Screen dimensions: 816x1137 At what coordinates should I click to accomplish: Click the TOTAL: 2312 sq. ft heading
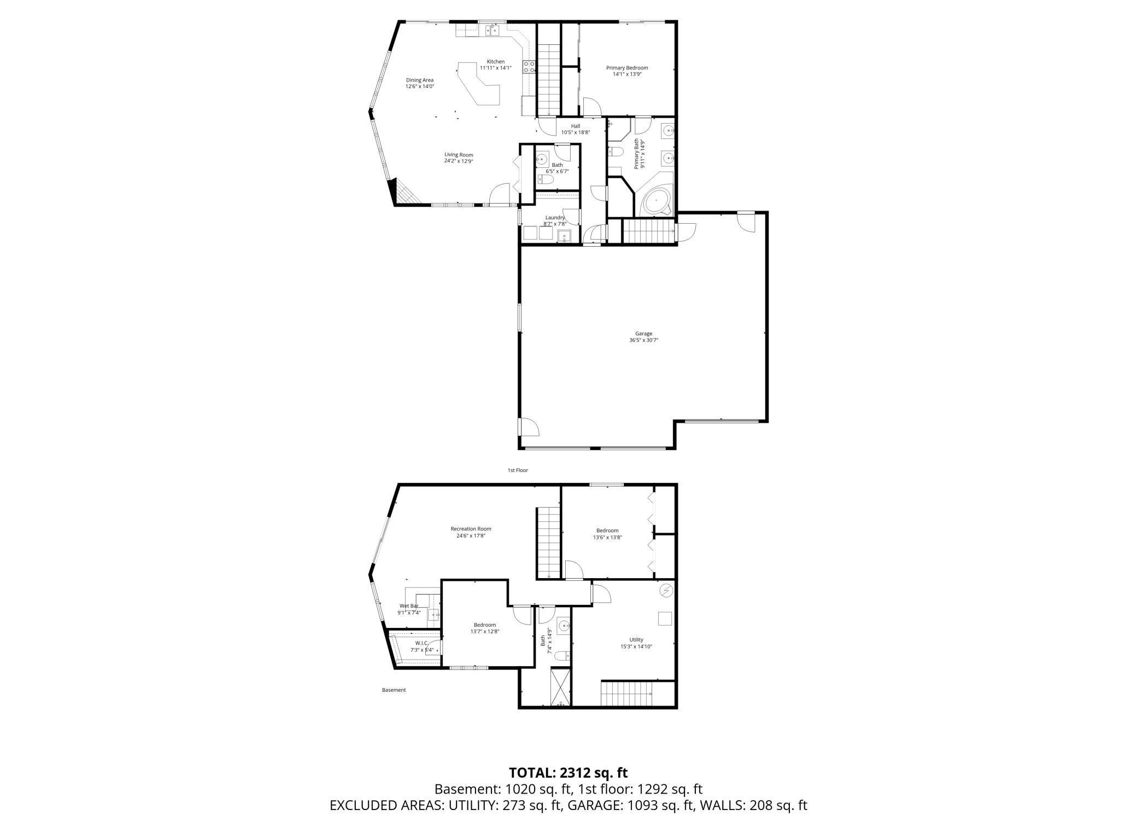click(568, 773)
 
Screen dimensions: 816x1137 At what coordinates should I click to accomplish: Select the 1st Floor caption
click(518, 470)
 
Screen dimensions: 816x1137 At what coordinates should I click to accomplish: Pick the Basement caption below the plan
click(394, 690)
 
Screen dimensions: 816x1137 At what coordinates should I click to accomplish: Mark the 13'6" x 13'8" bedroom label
click(607, 534)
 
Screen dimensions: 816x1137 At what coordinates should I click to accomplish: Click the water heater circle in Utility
click(666, 591)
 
